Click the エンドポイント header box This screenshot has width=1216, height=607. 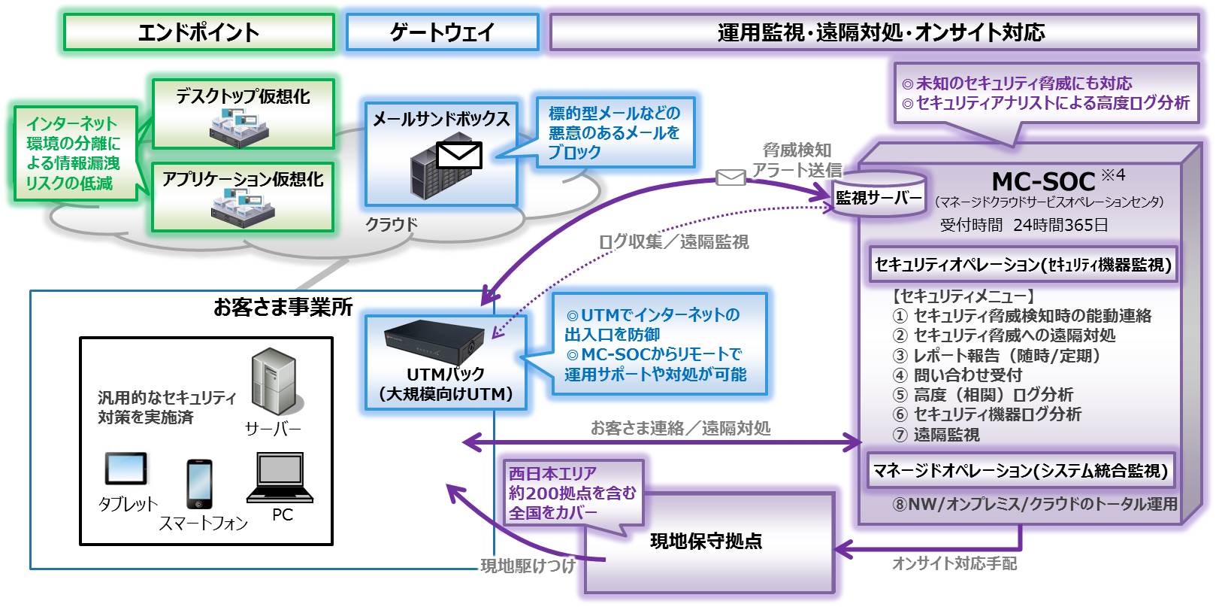[x=198, y=32]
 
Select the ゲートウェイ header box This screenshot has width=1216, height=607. [x=443, y=32]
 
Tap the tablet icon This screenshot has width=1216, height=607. [x=126, y=469]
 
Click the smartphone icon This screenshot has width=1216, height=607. [x=199, y=484]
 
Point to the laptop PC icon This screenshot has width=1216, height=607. [x=280, y=478]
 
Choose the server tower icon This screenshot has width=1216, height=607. [x=274, y=382]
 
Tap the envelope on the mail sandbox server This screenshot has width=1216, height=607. [x=458, y=156]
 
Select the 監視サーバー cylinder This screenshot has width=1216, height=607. [x=879, y=196]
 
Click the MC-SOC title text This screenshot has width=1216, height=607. [x=1043, y=181]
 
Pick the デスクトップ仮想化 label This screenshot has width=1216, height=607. [x=243, y=97]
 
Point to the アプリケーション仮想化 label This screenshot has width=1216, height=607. [x=243, y=179]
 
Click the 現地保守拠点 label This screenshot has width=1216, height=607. [x=706, y=542]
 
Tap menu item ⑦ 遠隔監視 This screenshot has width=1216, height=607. [x=936, y=435]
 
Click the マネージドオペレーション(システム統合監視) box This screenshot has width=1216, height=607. [x=1020, y=470]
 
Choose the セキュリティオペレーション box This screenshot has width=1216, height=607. [x=1024, y=265]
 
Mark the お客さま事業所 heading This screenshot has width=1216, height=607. [x=283, y=308]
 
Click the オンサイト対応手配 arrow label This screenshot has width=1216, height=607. [x=954, y=563]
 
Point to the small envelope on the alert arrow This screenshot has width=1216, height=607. [x=731, y=178]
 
